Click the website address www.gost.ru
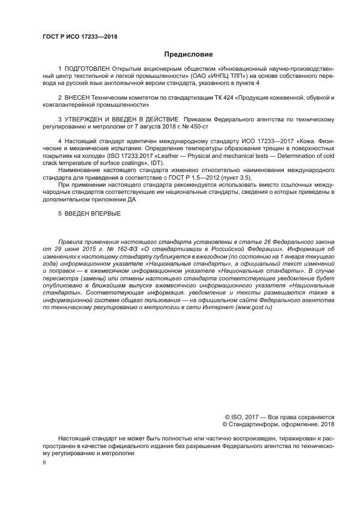click(x=253, y=308)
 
